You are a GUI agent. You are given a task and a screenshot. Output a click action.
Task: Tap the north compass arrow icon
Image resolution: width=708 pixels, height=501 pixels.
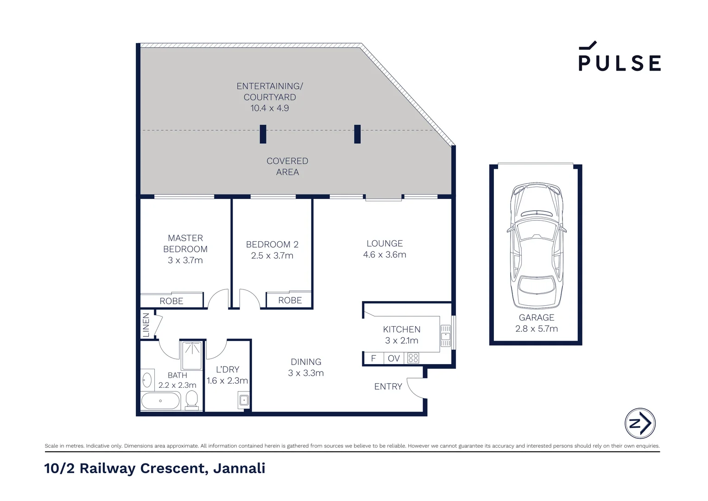click(x=640, y=423)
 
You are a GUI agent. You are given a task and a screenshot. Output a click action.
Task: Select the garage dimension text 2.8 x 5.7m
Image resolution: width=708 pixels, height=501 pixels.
click(x=536, y=329)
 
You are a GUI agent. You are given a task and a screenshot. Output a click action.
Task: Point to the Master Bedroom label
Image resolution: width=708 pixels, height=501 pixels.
click(x=185, y=244)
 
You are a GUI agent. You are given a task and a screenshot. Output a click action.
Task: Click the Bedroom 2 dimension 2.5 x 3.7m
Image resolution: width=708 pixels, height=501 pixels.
click(x=272, y=256)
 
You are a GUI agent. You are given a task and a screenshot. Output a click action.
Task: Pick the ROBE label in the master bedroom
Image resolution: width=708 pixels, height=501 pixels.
click(x=171, y=301)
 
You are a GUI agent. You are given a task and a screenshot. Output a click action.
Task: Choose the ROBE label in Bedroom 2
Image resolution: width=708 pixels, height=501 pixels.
click(x=290, y=301)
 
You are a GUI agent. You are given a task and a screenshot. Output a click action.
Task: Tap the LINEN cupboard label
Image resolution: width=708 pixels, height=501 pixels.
click(x=146, y=325)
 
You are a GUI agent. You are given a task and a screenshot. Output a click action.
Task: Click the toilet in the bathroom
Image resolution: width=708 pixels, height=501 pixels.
click(x=192, y=399)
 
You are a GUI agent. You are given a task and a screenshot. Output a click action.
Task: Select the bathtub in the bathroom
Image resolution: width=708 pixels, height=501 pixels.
click(x=160, y=401)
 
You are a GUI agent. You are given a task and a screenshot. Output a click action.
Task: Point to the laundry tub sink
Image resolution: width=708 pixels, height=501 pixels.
click(x=244, y=400)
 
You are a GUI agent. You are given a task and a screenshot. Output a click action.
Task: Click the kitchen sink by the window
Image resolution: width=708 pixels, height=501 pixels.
click(x=445, y=336)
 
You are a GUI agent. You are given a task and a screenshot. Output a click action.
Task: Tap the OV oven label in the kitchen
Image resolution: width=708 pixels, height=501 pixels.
click(x=393, y=359)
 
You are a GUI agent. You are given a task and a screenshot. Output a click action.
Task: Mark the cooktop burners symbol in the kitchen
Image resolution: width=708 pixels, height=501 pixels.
click(x=413, y=358)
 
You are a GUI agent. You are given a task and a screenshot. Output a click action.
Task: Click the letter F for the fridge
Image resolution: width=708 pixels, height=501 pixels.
click(x=373, y=359)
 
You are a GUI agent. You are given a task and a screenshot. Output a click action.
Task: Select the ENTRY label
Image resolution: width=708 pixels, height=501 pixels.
click(x=388, y=386)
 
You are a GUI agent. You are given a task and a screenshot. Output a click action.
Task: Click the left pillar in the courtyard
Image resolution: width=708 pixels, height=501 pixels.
click(x=263, y=134)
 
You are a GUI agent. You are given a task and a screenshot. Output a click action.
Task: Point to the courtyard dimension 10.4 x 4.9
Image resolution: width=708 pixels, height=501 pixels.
click(x=270, y=108)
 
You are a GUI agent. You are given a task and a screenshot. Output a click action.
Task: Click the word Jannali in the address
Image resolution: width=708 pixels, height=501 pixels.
click(x=239, y=468)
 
